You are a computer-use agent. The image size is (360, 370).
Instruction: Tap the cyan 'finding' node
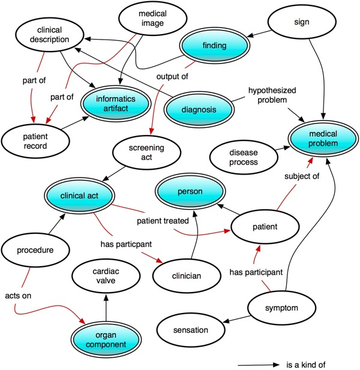pyautogui.click(x=215, y=45)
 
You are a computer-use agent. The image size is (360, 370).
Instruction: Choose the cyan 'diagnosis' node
pyautogui.click(x=199, y=109)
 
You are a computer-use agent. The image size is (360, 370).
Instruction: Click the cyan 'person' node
pyautogui.click(x=197, y=192)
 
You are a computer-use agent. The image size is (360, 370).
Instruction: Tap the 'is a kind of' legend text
pyautogui.click(x=307, y=364)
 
